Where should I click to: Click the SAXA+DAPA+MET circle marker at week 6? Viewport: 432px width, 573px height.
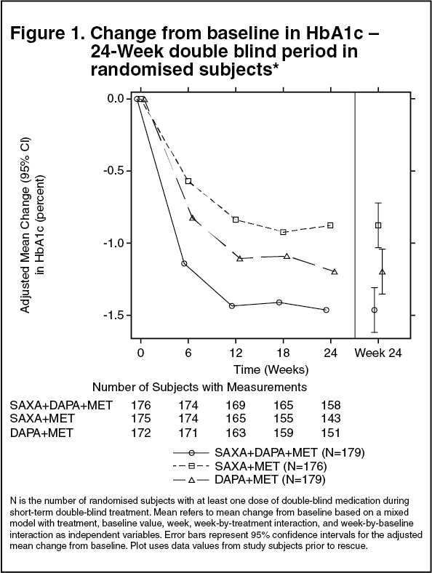(x=184, y=263)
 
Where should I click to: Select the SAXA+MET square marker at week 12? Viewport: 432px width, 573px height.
(x=236, y=220)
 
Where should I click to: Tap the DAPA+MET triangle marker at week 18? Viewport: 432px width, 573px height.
(x=287, y=256)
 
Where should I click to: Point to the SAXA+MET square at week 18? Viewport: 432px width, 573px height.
(x=283, y=232)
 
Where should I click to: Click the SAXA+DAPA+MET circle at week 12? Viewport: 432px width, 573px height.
(x=232, y=306)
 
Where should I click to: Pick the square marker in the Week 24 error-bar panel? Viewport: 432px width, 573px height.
(x=378, y=225)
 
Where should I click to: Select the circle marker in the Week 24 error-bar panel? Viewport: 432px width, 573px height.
(x=375, y=310)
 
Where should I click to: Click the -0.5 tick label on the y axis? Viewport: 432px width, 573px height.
(x=113, y=171)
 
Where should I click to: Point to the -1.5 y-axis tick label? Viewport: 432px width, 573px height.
(x=113, y=316)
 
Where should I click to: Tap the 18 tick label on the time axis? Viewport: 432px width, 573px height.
(x=283, y=353)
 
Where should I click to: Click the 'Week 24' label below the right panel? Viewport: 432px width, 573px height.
(x=378, y=353)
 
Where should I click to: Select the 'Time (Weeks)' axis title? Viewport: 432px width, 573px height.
(x=271, y=369)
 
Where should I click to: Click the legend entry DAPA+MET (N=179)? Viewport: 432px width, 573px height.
(x=270, y=479)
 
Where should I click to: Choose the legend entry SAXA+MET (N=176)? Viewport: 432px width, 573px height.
(x=271, y=466)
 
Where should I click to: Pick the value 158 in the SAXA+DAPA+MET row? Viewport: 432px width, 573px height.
(x=331, y=405)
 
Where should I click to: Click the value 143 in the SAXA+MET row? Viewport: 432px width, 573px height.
(x=331, y=418)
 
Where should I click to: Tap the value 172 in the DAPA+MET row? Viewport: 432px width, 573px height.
(x=141, y=433)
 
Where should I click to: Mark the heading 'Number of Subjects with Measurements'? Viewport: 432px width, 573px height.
(x=199, y=387)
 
